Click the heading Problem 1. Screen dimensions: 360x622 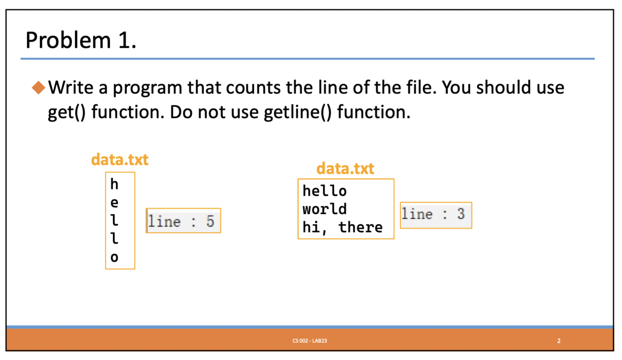(81, 41)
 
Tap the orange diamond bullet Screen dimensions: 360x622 (38, 87)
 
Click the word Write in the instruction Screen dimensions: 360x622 (71, 87)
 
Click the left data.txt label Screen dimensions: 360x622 (120, 160)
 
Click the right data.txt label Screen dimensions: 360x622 (345, 169)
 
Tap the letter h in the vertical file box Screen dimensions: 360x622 (114, 184)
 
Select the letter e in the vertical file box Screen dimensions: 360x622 (114, 203)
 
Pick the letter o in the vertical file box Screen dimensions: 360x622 (114, 257)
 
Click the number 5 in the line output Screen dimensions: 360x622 (210, 221)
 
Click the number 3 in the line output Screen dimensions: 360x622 (461, 214)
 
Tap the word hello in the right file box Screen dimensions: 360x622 (325, 191)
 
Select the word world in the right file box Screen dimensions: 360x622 (325, 209)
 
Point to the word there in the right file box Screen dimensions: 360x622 (360, 227)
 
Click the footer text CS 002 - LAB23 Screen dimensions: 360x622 (310, 341)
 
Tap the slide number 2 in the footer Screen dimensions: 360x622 (559, 341)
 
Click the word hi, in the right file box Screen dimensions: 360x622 (314, 227)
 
